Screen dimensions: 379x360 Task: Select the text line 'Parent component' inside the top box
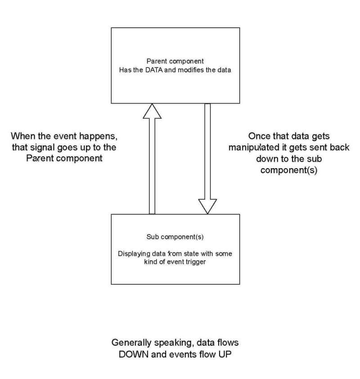[x=175, y=61]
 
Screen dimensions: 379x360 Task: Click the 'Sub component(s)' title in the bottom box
[x=175, y=237]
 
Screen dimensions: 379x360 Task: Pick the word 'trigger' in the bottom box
[x=195, y=262]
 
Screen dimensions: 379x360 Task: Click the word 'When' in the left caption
[x=22, y=135]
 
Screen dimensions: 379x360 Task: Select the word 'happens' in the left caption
[x=104, y=135]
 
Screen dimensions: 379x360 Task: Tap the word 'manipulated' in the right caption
[x=254, y=147]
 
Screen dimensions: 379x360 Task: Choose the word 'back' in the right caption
[x=338, y=147]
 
